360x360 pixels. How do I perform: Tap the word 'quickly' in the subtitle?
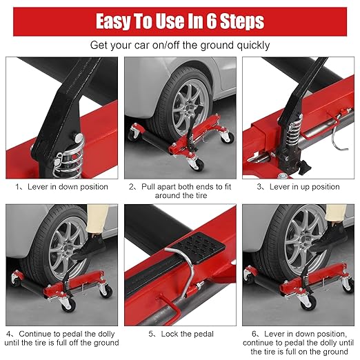(x=253, y=46)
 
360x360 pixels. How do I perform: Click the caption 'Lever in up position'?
(x=304, y=187)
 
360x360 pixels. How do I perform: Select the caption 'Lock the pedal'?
(x=187, y=334)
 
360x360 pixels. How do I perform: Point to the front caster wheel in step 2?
(x=195, y=163)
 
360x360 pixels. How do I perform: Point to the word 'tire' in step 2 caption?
(x=201, y=196)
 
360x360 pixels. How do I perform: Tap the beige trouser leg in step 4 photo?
(x=97, y=219)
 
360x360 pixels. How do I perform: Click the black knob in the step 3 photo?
(x=303, y=165)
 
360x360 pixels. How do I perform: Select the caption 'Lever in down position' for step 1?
(x=68, y=187)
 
